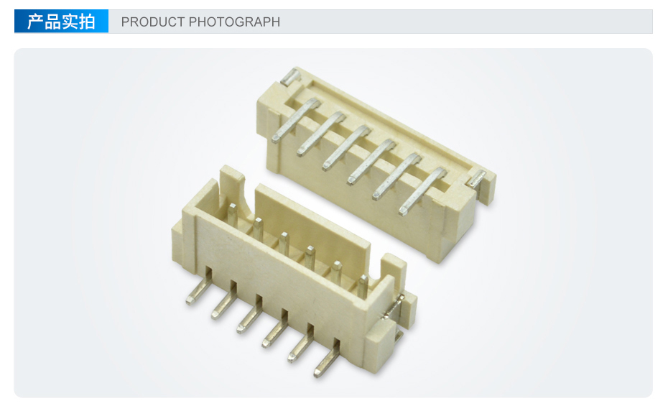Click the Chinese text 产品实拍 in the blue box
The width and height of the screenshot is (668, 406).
tap(61, 22)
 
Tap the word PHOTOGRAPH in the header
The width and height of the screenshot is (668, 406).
tap(234, 22)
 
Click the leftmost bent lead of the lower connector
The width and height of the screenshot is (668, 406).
tap(199, 286)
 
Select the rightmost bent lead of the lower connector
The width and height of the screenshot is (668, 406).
tap(328, 358)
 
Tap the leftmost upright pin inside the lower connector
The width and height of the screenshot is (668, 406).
tap(232, 213)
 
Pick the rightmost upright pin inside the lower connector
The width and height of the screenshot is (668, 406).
tap(363, 286)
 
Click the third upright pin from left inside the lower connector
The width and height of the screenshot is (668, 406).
tap(284, 244)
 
